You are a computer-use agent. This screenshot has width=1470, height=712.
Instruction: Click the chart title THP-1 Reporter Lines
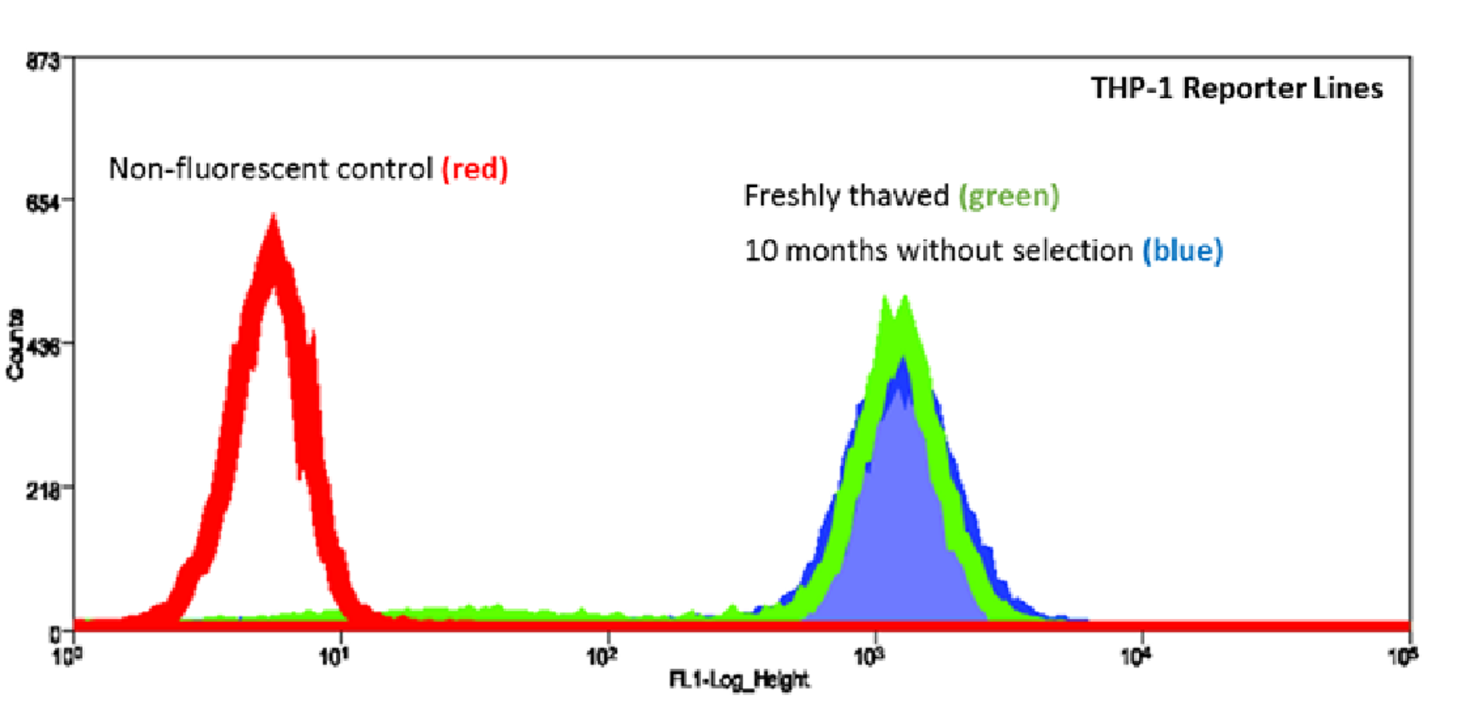coord(1236,88)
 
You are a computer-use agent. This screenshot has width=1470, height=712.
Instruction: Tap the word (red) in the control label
coord(475,169)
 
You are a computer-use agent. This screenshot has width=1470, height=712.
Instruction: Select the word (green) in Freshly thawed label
coord(1009,196)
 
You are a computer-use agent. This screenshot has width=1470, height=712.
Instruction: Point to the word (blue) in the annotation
coord(1182,251)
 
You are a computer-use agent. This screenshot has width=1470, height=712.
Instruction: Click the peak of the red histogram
coord(273,218)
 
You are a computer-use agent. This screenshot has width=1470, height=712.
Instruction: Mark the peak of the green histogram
coord(904,298)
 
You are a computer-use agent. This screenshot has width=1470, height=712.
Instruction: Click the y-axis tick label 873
coord(42,62)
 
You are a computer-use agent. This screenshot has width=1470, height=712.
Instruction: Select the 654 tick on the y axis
coord(42,202)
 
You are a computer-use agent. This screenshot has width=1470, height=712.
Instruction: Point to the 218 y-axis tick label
coord(42,491)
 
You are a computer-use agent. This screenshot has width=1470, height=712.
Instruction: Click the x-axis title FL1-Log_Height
coord(739,681)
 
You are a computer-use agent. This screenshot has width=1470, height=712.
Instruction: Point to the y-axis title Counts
coord(15,345)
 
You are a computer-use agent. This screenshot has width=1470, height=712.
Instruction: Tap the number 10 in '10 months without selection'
coord(761,251)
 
